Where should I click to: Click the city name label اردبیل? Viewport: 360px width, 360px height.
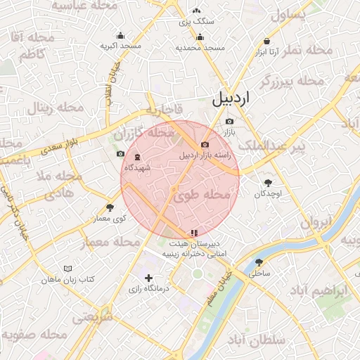pos(230,98)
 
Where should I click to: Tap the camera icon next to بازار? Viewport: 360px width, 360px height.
pos(229,122)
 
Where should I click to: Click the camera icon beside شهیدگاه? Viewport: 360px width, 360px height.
pos(120,154)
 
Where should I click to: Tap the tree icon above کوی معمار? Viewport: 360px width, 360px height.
pos(110,207)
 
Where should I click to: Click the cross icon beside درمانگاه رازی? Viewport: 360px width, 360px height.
pos(148,278)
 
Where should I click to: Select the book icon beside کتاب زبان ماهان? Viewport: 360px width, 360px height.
pos(67,269)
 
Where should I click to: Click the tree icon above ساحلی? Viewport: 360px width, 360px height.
pos(259,262)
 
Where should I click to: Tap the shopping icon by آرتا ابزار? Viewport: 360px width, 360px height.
pos(266,41)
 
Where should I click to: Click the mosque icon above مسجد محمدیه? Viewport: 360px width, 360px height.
pos(200,37)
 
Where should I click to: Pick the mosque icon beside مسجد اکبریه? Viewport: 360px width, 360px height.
pos(120,35)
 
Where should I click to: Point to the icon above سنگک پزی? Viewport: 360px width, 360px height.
pos(196,11)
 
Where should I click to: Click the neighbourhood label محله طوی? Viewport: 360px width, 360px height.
pos(208,194)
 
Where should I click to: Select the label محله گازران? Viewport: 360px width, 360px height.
pos(144,132)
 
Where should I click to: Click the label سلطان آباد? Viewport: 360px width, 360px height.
pos(263,340)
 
